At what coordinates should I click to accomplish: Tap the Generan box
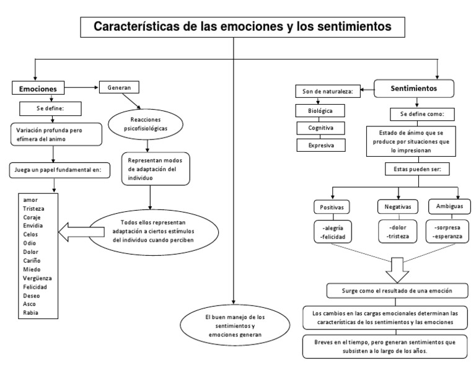point(119,87)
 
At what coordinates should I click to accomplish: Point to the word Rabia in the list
point(31,313)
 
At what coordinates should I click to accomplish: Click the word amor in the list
point(30,200)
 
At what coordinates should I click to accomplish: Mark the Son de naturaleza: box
point(327,92)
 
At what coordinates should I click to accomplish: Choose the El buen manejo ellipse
point(234,326)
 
